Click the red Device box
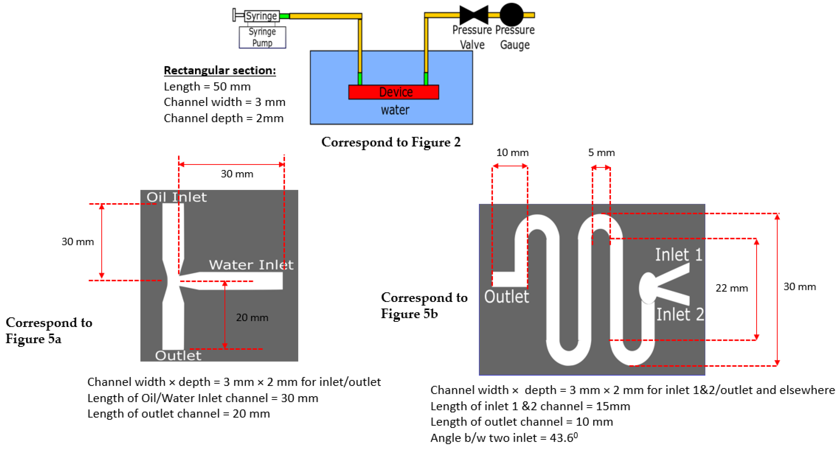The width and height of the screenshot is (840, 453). click(393, 92)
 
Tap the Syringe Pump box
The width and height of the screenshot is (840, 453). click(262, 37)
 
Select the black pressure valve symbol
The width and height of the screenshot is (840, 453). click(473, 15)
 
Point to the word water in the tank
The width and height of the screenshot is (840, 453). click(395, 110)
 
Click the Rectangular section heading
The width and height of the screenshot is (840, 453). click(220, 70)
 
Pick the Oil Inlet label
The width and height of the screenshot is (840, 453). click(176, 197)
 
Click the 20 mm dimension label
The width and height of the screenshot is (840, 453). click(252, 318)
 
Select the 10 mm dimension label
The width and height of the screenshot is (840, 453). click(512, 152)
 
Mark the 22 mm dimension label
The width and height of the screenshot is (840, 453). click(731, 288)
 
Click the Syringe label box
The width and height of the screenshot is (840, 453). click(262, 16)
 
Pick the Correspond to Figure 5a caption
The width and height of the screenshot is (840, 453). click(49, 331)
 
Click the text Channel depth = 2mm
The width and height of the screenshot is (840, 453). click(223, 118)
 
